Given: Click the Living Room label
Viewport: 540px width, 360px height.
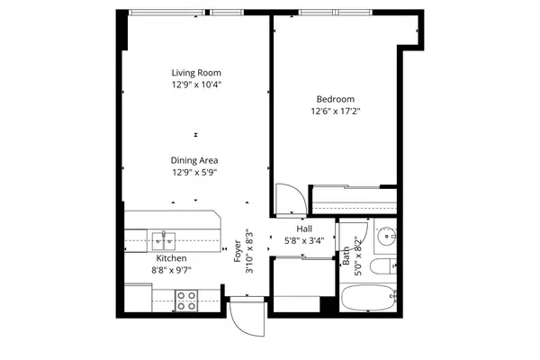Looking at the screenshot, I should pyautogui.click(x=196, y=73).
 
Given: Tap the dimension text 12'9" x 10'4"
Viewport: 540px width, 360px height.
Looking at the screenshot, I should pyautogui.click(x=196, y=85).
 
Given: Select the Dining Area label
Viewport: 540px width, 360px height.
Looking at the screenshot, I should pyautogui.click(x=195, y=160).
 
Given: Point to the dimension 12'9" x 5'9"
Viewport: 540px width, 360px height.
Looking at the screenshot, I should pyautogui.click(x=195, y=172).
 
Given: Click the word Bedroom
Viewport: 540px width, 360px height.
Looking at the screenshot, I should pyautogui.click(x=335, y=99).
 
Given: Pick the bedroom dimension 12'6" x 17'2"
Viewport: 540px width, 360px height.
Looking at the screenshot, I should pyautogui.click(x=335, y=112).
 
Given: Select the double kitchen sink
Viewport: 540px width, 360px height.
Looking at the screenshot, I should pyautogui.click(x=163, y=240).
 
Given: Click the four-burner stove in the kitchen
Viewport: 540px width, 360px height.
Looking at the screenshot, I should pyautogui.click(x=186, y=300).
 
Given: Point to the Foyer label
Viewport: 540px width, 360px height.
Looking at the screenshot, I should pyautogui.click(x=238, y=249).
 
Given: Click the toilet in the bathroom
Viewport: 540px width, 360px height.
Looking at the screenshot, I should pyautogui.click(x=382, y=266).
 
